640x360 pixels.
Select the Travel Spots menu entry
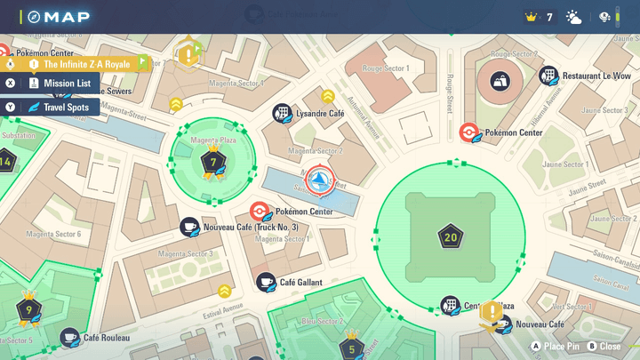[65, 108]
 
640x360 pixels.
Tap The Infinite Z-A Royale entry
[86, 64]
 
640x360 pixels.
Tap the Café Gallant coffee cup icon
[265, 282]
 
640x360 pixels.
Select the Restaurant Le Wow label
[596, 76]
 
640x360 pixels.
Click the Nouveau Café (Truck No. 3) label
[251, 228]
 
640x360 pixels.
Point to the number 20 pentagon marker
[450, 237]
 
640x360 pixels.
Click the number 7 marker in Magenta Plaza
[212, 163]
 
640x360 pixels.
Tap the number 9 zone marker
[29, 310]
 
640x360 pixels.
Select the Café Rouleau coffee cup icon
[69, 338]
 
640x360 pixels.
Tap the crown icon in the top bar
[532, 17]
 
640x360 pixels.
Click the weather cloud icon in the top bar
[574, 17]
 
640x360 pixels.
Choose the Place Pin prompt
[556, 346]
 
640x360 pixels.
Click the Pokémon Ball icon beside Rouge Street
[468, 132]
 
